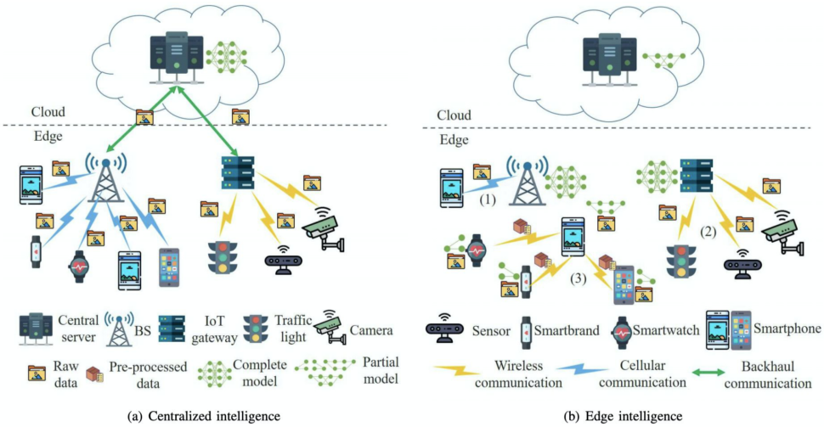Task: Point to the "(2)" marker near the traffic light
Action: [x=708, y=229]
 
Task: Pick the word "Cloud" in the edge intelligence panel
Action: [x=454, y=115]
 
